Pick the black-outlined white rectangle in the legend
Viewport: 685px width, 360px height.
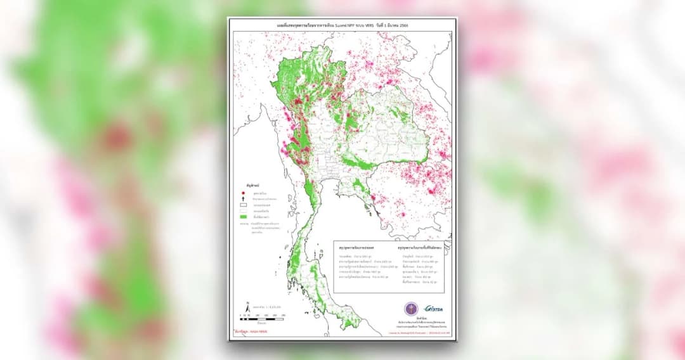(243, 205)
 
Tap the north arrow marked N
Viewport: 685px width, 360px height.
(242, 307)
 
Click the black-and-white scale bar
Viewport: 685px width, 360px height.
(261, 318)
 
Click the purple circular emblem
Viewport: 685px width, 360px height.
(411, 309)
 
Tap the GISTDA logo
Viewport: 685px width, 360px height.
(434, 309)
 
